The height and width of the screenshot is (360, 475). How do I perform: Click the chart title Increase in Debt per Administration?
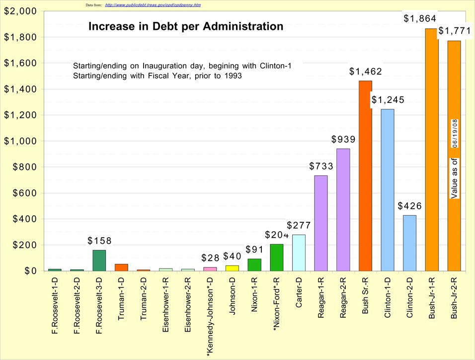point(186,27)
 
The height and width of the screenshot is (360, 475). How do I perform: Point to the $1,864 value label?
point(420,19)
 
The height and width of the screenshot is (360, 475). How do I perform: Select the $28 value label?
point(210,259)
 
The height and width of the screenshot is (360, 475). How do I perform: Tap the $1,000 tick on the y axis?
point(20,141)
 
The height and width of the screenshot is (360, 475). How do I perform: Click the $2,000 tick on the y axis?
point(20,11)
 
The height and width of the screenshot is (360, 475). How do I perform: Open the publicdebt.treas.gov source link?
point(153,4)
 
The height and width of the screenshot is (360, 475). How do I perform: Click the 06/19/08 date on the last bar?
point(455,133)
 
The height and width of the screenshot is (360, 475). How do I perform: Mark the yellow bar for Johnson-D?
point(232,268)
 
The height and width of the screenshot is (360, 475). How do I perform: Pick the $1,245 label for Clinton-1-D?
point(388,100)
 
